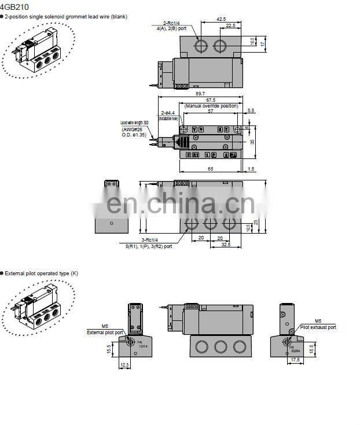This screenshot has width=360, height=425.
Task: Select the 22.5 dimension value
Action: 230,25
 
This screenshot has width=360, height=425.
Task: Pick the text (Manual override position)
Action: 211,106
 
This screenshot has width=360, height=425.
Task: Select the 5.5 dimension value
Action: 251,110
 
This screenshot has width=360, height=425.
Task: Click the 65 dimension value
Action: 210,168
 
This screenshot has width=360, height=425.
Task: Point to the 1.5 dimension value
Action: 251,168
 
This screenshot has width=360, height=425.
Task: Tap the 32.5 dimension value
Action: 225,245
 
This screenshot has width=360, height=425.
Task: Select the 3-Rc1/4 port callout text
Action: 149,240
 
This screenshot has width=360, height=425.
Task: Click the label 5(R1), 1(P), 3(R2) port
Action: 149,246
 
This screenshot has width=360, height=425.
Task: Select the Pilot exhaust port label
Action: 318,327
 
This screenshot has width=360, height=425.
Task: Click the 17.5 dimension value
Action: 295,359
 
